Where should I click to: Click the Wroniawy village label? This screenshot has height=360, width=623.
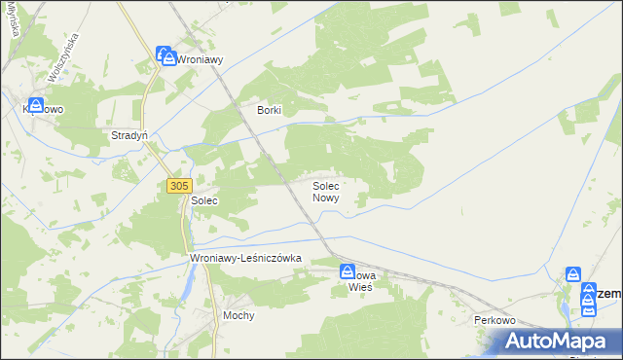[x=201, y=59]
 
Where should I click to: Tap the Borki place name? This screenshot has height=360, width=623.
[x=269, y=111]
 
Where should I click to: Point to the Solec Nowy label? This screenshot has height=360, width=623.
[x=325, y=191]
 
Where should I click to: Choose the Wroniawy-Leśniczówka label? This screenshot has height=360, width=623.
[x=247, y=258]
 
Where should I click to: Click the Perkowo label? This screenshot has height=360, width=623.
[x=494, y=320]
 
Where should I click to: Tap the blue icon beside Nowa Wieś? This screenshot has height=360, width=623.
[x=347, y=271]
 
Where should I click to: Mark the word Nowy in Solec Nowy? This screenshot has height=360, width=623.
[x=325, y=198]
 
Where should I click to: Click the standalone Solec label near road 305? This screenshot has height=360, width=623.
[x=203, y=200]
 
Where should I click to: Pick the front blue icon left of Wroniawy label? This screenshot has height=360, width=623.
[x=167, y=57]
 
